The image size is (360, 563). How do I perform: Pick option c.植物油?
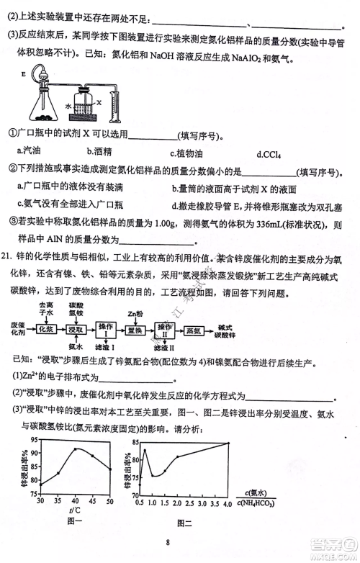click(x=187, y=153)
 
